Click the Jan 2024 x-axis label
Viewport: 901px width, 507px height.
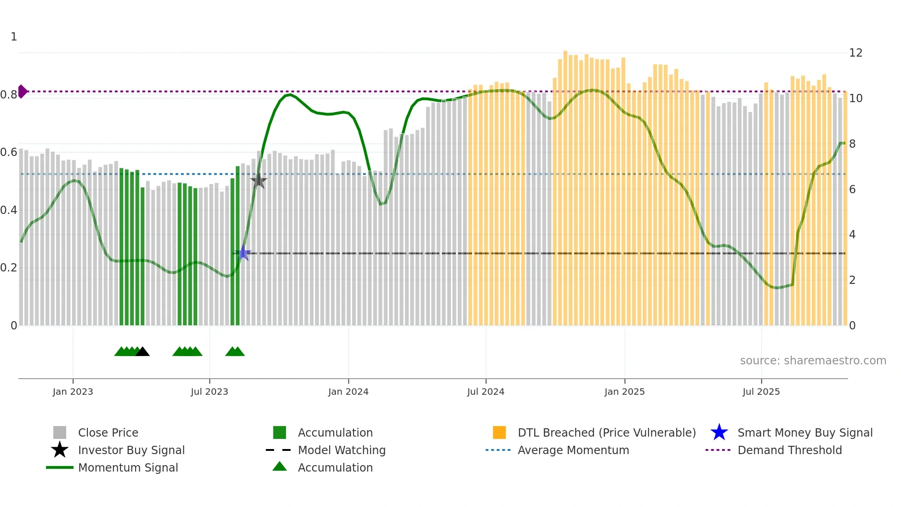click(x=348, y=392)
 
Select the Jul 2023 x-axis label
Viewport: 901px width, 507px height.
click(x=209, y=392)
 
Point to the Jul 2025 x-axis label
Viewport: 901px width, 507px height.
click(x=761, y=392)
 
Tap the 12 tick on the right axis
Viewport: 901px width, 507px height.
click(x=855, y=53)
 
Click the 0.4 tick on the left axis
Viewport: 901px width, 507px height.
click(x=9, y=210)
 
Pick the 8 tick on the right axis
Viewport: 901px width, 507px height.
click(x=852, y=144)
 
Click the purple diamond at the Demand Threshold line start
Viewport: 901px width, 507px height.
click(x=22, y=92)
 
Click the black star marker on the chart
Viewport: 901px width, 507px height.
click(x=259, y=181)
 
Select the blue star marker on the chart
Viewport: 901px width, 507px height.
click(x=243, y=253)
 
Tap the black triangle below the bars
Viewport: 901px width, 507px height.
click(x=143, y=352)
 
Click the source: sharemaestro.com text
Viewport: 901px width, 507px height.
click(x=813, y=361)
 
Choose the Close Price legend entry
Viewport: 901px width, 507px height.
click(x=108, y=432)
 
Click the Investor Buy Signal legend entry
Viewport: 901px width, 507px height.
click(x=131, y=450)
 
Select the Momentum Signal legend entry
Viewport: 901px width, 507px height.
click(x=128, y=467)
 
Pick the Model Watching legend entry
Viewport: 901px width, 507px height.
click(x=342, y=450)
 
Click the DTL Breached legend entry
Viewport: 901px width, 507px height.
click(x=606, y=432)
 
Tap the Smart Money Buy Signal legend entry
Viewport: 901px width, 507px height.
click(x=804, y=432)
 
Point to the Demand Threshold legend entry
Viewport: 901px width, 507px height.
click(x=789, y=450)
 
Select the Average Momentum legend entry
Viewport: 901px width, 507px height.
click(x=573, y=450)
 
